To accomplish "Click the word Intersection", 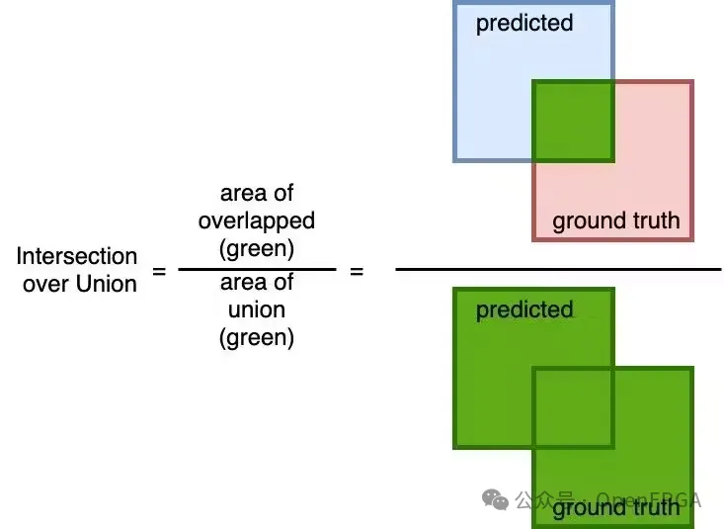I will (x=76, y=256).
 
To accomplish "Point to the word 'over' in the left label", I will (x=42, y=283).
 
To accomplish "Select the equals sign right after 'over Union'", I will (x=159, y=269).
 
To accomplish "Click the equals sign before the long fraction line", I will (x=357, y=269).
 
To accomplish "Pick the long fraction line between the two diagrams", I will (x=558, y=269).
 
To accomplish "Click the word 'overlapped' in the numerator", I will (x=257, y=220).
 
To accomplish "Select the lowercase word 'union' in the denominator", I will (x=257, y=310).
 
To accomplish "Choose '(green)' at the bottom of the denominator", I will (x=257, y=337).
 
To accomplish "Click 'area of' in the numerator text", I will (x=257, y=193).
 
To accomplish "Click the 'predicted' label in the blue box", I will (x=523, y=23).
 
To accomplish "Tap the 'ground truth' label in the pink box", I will (x=615, y=220).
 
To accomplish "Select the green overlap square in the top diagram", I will (x=574, y=121).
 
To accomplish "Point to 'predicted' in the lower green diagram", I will (x=523, y=309).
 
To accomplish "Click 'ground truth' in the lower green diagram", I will (x=615, y=508).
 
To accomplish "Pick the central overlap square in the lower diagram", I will (x=574, y=407).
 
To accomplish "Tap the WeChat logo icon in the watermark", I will (x=495, y=499).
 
